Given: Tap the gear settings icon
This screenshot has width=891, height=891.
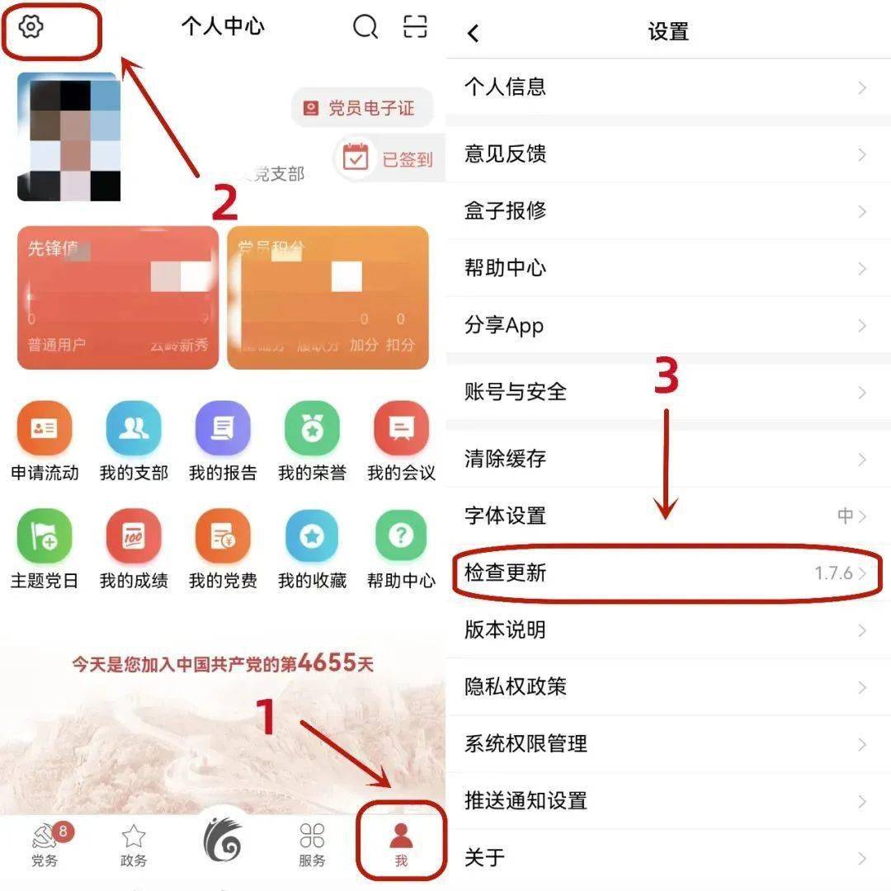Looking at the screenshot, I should click(31, 27).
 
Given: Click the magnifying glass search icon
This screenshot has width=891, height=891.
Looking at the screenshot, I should click(365, 26).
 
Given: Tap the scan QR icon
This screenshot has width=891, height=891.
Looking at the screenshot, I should click(415, 26).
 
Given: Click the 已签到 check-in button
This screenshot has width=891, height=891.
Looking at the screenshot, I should click(389, 158).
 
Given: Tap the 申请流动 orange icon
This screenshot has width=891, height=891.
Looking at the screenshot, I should click(45, 429).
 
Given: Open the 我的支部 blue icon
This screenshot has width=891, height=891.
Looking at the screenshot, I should click(134, 429).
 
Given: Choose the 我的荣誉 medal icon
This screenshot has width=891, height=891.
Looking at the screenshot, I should click(312, 429).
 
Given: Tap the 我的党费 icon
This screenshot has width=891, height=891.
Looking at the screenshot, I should click(223, 537).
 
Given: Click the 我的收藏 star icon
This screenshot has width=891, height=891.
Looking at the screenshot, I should click(312, 537).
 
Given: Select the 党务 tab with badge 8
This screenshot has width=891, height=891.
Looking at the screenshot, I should click(45, 844).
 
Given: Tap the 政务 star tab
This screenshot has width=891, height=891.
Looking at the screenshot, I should click(134, 844).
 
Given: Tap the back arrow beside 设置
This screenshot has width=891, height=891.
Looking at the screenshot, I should click(473, 33).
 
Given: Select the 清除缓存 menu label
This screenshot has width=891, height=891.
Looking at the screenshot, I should click(505, 459).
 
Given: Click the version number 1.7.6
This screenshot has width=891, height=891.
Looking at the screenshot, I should click(833, 573).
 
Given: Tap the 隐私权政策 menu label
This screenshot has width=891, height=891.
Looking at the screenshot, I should click(515, 686).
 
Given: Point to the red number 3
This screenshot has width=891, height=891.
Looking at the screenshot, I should click(667, 377).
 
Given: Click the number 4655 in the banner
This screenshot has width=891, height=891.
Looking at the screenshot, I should click(327, 662).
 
